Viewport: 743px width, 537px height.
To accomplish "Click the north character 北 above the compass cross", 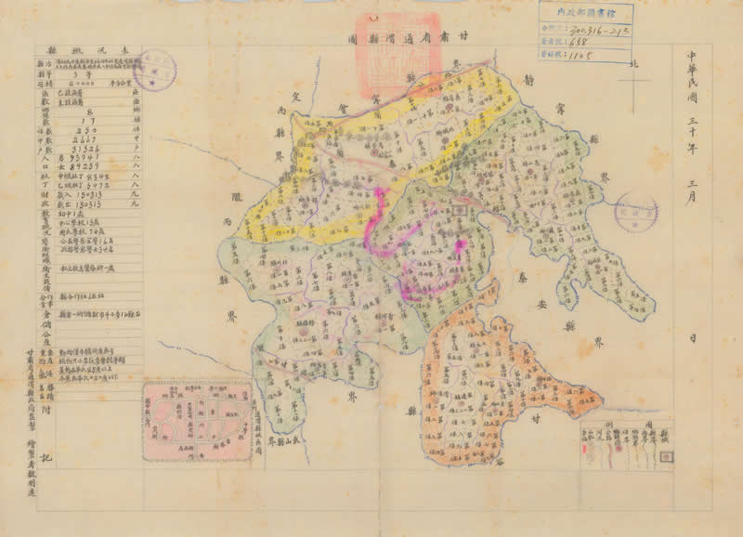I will point(635,64).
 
